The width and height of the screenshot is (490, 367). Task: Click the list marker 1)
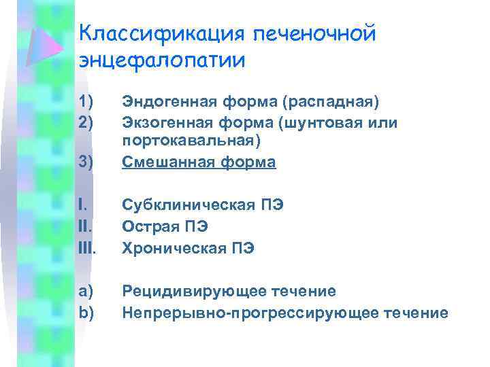coord(86,102)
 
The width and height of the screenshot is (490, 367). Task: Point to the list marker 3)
coord(86,162)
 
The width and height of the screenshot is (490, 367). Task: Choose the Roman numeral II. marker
coord(84,226)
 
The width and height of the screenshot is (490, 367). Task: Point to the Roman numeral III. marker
coord(87,248)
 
